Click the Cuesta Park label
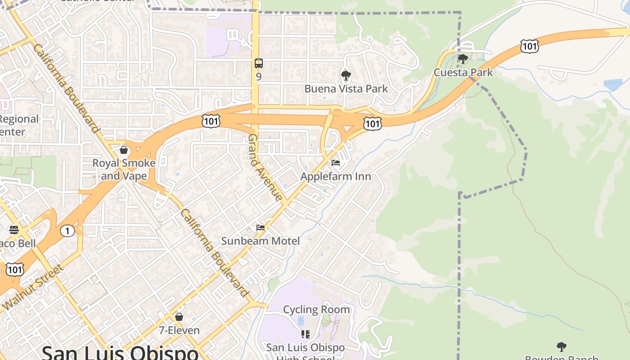coord(463,72)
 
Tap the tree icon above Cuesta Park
coord(463,59)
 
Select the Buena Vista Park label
coord(346,89)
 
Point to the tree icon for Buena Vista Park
coord(346,75)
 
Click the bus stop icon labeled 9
coord(258,63)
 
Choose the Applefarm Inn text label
coord(336,176)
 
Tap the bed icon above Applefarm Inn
coord(336,163)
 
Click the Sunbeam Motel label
coord(260,241)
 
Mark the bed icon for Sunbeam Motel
coord(261,228)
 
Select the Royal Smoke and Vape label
coord(124,169)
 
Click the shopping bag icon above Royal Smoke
coord(124,150)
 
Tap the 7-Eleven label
coord(179,330)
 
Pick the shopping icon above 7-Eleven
coord(179,317)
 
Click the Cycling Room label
coord(316,310)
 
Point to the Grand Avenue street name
coord(265,167)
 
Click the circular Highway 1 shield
coord(67,231)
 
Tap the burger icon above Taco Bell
coord(13,230)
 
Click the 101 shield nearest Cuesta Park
coord(529,46)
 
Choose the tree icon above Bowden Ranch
coord(561,347)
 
